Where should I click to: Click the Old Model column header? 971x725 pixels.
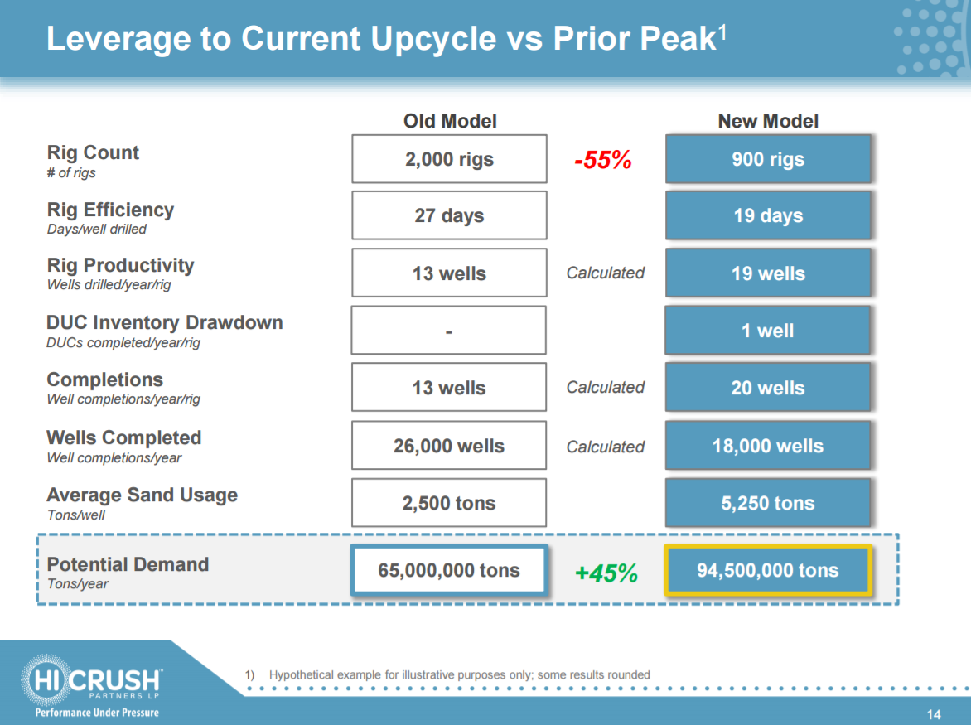450,121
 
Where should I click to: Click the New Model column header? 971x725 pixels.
768,121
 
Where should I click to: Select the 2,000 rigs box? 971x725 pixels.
449,159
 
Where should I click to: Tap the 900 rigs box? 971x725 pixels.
768,159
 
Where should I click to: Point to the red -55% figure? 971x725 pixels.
603,161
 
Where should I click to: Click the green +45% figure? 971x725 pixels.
606,573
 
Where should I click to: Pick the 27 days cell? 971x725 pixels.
449,215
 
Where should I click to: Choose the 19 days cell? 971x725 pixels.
768,215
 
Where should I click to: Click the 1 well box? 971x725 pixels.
768,331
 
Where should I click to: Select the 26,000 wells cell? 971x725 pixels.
449,446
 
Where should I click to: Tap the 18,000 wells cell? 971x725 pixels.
768,446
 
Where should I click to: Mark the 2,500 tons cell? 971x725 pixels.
449,503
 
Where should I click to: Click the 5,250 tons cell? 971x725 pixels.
768,503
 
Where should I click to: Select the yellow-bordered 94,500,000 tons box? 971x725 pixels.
768,571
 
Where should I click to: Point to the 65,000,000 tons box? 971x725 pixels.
449,570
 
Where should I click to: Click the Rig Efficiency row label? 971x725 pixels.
110,210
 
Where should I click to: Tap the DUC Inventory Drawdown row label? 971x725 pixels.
164,323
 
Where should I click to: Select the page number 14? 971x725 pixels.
934,714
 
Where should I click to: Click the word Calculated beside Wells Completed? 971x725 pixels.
606,447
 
